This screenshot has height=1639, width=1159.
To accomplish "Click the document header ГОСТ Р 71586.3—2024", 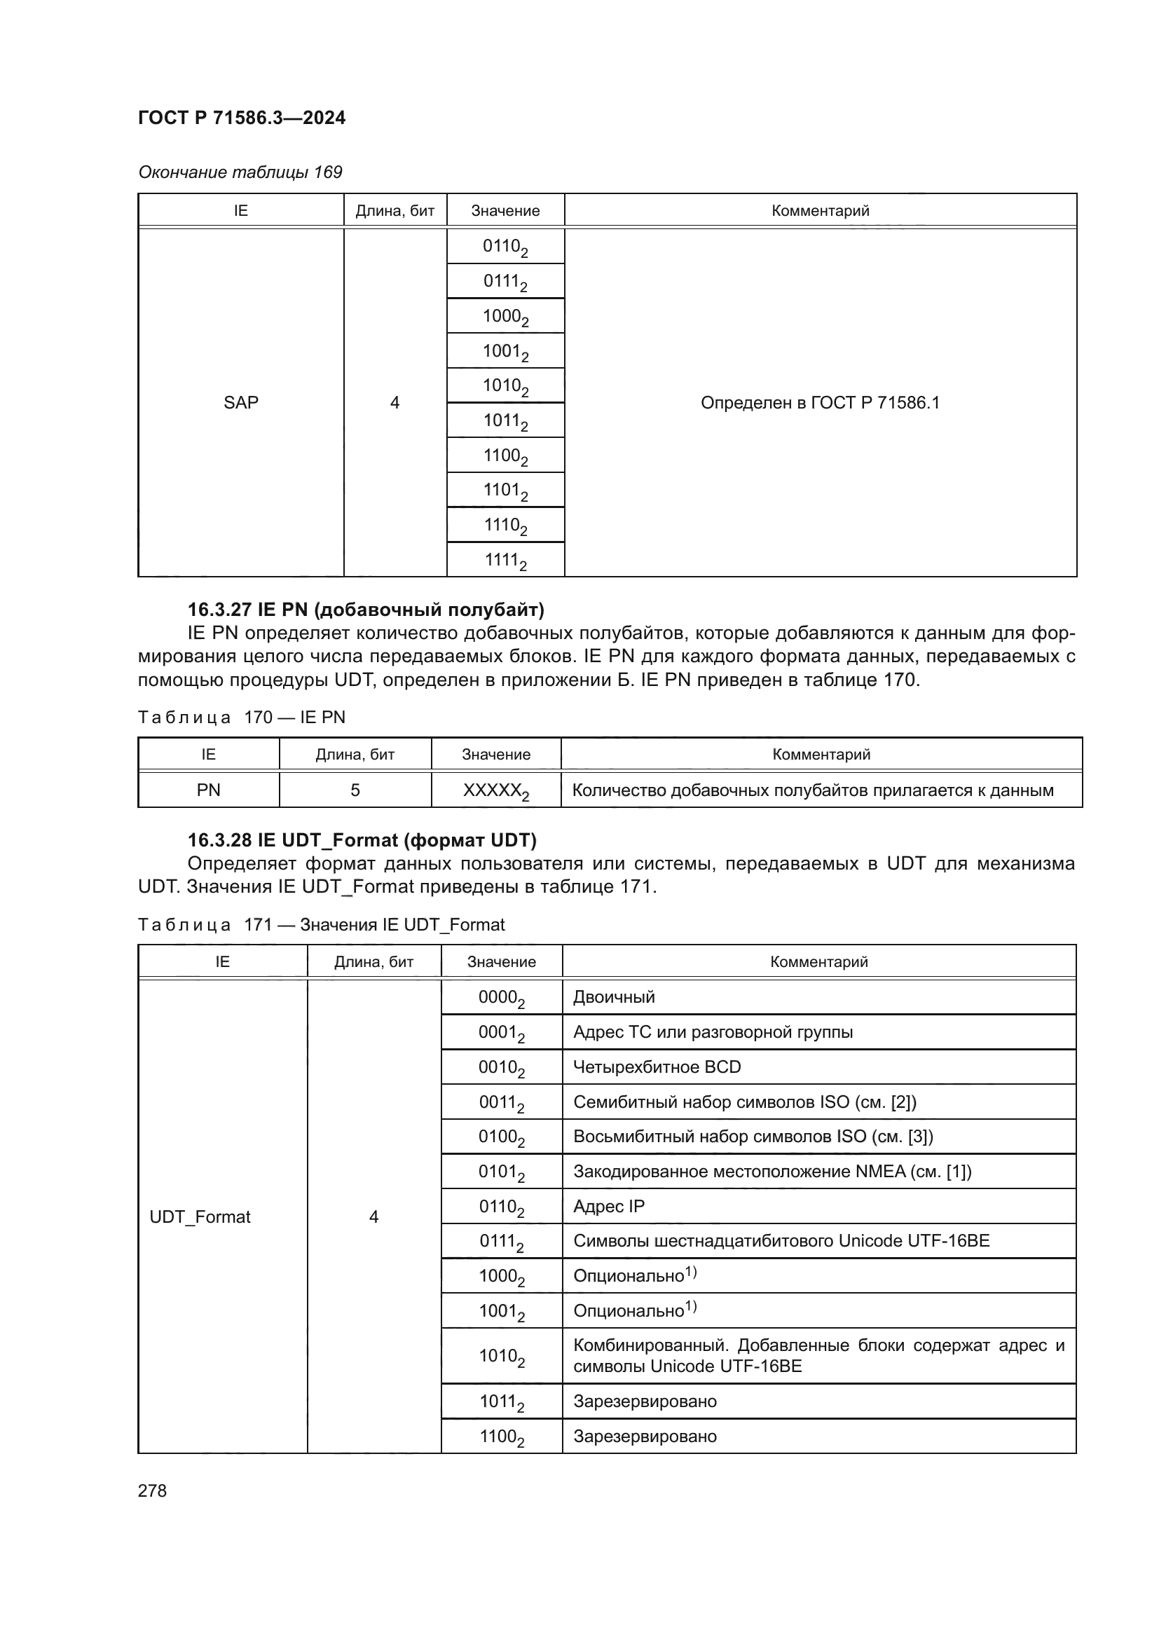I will (241, 118).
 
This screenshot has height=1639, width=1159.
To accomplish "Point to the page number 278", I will (152, 1490).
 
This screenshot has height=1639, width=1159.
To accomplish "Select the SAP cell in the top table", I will (240, 403).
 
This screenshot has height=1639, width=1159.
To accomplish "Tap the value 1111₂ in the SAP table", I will (505, 561).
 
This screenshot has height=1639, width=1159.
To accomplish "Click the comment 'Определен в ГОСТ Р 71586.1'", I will (820, 403).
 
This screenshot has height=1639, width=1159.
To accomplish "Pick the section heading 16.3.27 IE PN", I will (365, 610).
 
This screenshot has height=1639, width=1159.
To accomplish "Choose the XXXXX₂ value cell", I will (496, 791).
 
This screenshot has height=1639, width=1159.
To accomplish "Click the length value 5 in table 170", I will (355, 790).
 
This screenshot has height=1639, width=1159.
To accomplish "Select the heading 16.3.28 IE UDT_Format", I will (362, 840).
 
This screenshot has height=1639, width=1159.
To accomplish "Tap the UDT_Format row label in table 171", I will (200, 1217).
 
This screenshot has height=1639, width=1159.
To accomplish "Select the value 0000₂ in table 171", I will (502, 998).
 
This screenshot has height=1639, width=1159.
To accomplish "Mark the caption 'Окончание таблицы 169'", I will (240, 172).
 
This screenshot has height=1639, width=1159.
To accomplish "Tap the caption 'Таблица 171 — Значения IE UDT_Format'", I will (321, 925).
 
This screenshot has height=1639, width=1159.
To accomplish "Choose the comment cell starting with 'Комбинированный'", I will (818, 1356).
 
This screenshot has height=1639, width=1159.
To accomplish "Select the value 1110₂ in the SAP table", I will (505, 526).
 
